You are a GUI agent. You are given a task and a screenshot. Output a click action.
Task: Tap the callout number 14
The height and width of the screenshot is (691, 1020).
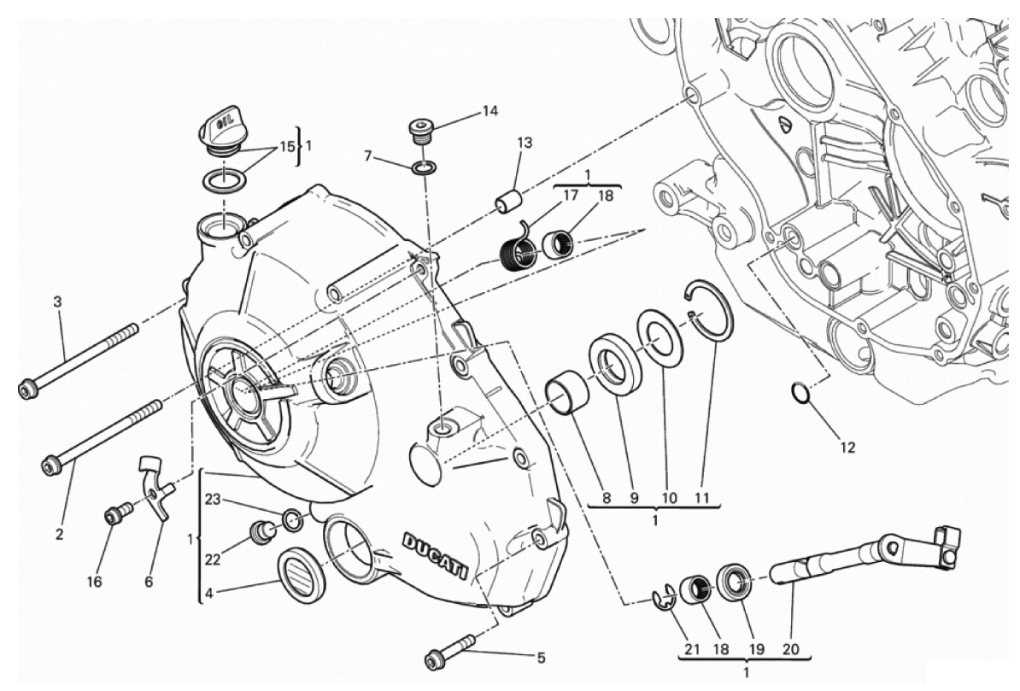[x=489, y=111]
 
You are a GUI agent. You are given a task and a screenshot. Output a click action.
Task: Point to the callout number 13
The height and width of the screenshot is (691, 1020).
[x=524, y=143]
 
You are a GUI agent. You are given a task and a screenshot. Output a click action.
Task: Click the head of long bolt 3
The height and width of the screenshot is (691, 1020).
[x=27, y=389]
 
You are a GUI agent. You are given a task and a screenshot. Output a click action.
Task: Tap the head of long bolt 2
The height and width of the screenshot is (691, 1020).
[x=50, y=466]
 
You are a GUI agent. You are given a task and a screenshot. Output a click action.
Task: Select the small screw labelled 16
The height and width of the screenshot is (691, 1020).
[x=113, y=516]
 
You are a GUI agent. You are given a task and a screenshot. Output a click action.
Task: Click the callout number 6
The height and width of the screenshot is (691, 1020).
[x=149, y=582]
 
